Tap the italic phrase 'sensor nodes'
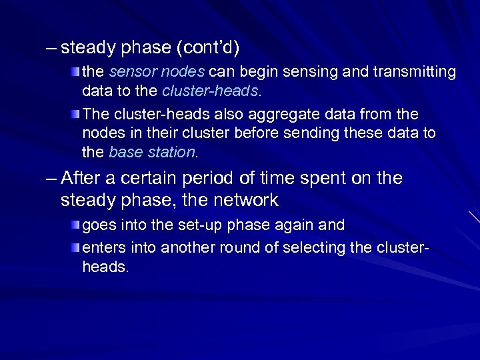141,71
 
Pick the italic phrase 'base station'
152,152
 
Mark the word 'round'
247,248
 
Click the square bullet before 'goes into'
77,225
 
